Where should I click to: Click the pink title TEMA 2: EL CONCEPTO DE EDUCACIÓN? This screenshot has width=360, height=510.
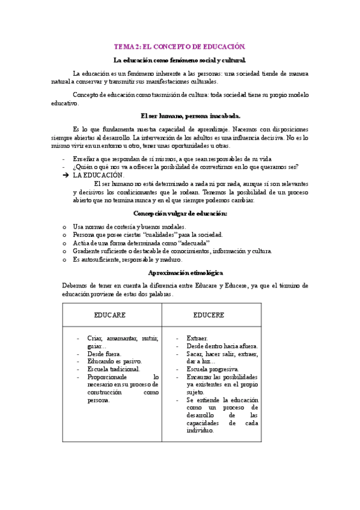[180, 46]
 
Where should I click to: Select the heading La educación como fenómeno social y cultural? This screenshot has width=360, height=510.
[180, 60]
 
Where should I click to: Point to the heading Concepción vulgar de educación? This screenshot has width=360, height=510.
[180, 214]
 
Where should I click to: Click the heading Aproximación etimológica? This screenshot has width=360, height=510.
[181, 272]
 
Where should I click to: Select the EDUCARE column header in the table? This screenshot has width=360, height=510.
[110, 315]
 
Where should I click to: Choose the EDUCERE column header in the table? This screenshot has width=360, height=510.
[209, 315]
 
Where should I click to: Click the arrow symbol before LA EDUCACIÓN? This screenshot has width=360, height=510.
[66, 175]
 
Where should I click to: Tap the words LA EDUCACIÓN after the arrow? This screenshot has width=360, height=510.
[98, 175]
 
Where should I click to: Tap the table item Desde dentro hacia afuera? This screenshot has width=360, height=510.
[222, 346]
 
